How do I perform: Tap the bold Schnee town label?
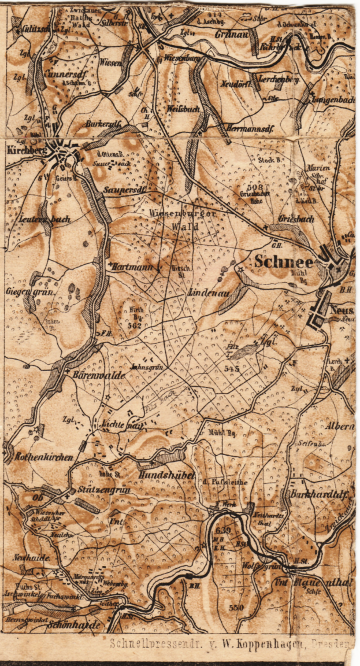tap(284, 262)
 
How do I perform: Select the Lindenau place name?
tap(209, 294)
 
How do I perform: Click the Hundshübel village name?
tap(165, 475)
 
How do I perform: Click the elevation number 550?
tap(236, 607)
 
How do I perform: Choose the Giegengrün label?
tap(31, 291)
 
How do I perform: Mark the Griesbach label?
tap(296, 219)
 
